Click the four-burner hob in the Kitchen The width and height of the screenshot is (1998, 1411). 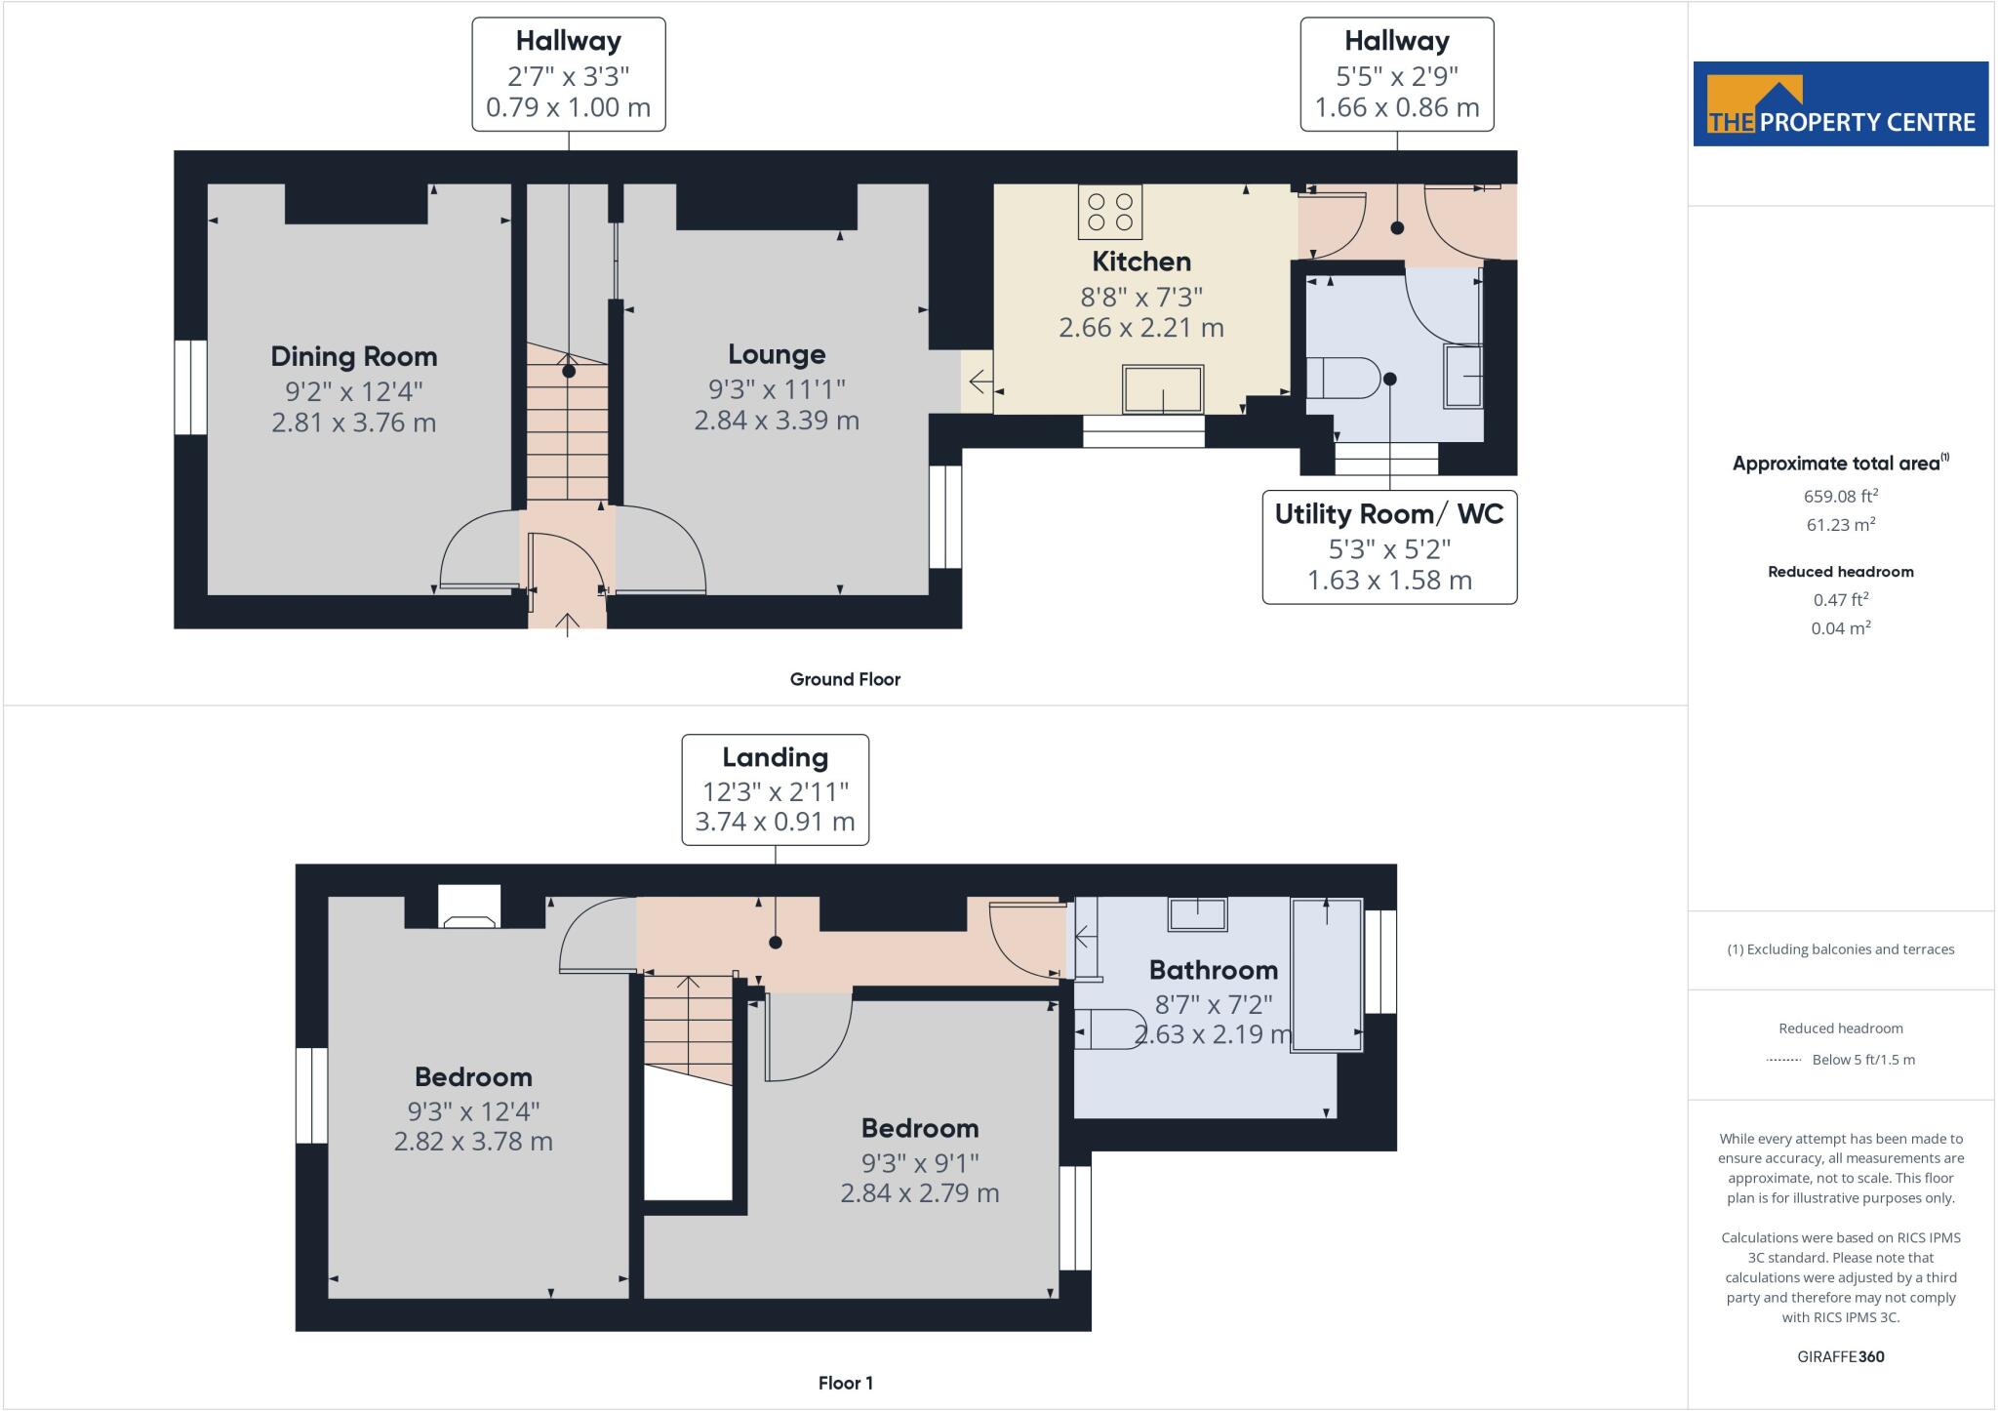[1109, 212]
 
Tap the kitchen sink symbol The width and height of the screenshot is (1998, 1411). [1162, 389]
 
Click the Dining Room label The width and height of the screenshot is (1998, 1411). [353, 356]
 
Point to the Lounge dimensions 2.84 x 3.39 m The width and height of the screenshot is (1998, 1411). [777, 421]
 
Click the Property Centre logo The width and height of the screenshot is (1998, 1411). [1840, 104]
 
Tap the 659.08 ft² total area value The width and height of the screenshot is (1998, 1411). [1840, 496]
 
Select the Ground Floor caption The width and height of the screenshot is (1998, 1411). [845, 679]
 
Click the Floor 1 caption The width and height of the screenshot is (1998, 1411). [845, 1383]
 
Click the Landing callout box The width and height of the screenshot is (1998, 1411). [775, 789]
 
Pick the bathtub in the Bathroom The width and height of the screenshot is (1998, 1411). [1326, 975]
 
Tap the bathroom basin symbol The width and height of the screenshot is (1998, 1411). [1198, 914]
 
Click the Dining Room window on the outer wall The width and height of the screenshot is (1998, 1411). [190, 386]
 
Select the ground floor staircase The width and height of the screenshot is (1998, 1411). [568, 429]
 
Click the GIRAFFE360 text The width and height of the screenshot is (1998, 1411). [1840, 1356]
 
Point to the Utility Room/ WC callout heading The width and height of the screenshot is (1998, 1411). [1388, 514]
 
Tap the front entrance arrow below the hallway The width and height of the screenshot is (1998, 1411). [568, 623]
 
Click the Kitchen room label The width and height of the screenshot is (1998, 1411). [1140, 262]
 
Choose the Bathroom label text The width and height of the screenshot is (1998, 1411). [1213, 970]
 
